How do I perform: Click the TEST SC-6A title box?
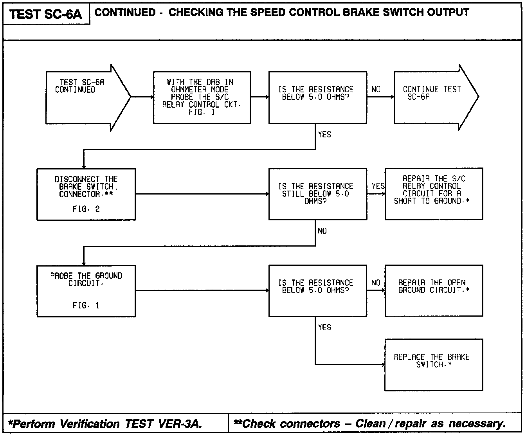pyautogui.click(x=46, y=14)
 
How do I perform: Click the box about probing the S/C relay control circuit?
pyautogui.click(x=202, y=97)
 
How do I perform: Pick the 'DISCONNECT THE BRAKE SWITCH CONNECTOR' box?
pyautogui.click(x=86, y=194)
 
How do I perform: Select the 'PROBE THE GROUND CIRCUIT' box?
pyautogui.click(x=86, y=291)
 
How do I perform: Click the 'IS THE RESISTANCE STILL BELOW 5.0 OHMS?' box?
pyautogui.click(x=317, y=194)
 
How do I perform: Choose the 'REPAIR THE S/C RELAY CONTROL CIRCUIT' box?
pyautogui.click(x=434, y=194)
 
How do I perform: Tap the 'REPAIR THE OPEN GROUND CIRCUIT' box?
pyautogui.click(x=434, y=290)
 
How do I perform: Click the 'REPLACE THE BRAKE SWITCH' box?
pyautogui.click(x=434, y=365)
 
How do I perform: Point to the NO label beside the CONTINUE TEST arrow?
pyautogui.click(x=376, y=89)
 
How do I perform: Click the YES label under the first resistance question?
pyautogui.click(x=324, y=135)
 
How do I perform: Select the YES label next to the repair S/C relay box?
pyautogui.click(x=378, y=186)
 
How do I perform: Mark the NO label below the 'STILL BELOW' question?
pyautogui.click(x=322, y=231)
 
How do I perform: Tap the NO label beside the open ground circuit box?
pyautogui.click(x=376, y=283)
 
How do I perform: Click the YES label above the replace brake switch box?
pyautogui.click(x=324, y=327)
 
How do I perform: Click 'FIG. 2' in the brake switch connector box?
pyautogui.click(x=86, y=209)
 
